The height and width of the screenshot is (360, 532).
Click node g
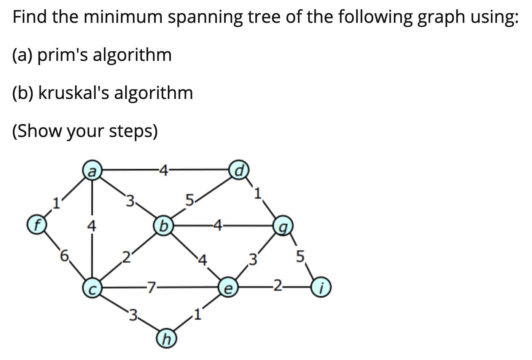click(283, 228)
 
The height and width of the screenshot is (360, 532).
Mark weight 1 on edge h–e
click(197, 314)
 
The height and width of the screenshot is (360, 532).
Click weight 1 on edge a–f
click(56, 202)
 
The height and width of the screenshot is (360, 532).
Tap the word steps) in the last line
click(133, 131)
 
